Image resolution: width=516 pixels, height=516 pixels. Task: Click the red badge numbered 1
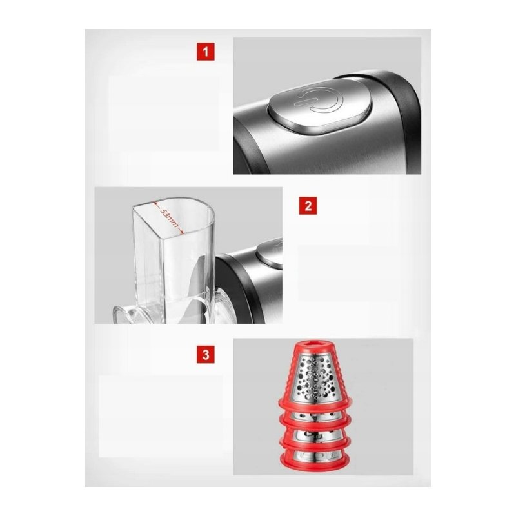[x=206, y=52]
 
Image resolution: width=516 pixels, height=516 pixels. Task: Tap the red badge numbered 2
[x=308, y=206]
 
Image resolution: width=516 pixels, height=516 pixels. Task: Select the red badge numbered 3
[x=206, y=354]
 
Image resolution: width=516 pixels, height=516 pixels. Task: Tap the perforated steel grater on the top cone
[x=315, y=379]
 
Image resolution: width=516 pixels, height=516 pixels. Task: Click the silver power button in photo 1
[x=320, y=105]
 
